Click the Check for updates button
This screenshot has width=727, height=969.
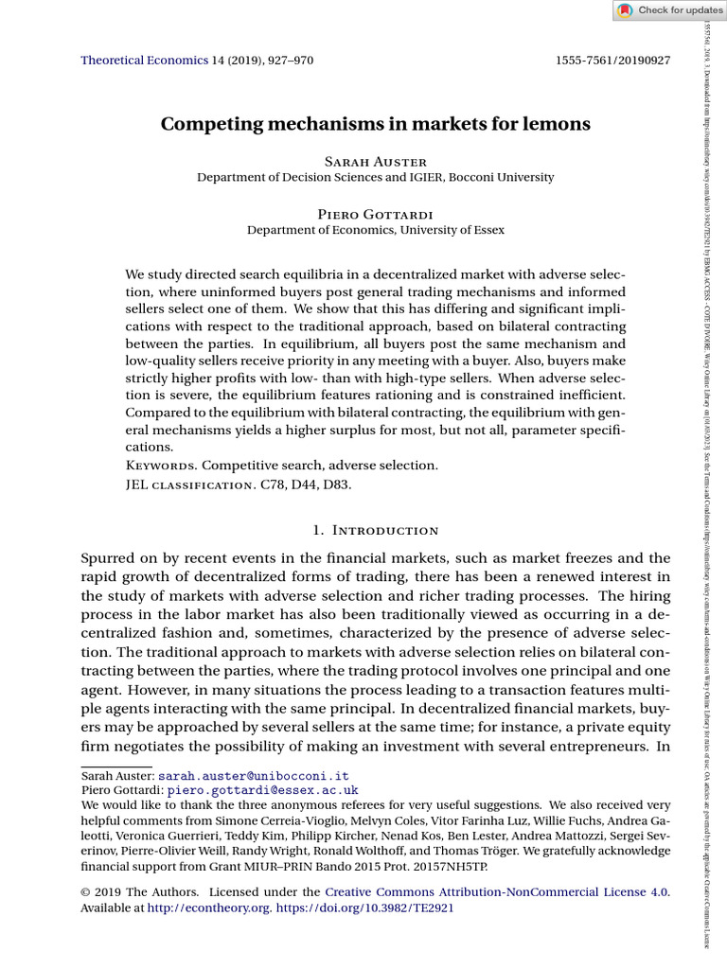point(669,10)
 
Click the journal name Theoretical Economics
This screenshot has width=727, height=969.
point(145,60)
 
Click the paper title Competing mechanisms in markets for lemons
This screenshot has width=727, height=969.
point(375,124)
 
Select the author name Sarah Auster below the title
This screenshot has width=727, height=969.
point(375,162)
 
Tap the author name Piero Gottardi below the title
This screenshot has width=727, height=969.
point(375,214)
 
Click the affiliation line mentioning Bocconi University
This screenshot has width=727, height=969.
point(375,177)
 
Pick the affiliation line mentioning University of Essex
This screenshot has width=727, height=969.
point(375,230)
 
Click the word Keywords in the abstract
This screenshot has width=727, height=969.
point(160,466)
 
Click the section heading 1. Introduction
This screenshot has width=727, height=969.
point(375,530)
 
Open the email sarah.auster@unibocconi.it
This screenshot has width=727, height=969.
point(254,775)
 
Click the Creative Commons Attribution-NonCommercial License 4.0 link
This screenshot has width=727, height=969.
point(496,891)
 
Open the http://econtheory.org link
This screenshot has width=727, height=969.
point(209,907)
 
